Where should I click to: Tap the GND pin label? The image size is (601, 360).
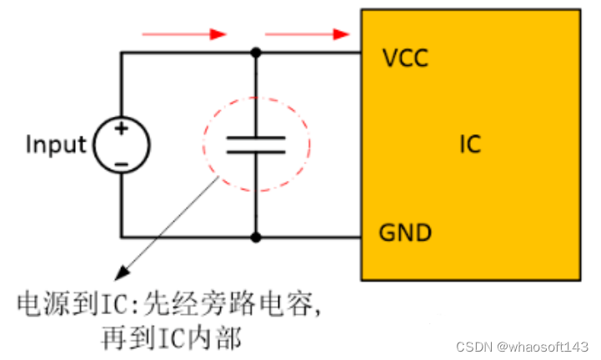click(406, 232)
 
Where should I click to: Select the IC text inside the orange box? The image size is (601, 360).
click(470, 145)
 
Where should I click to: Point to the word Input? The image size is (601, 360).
click(56, 144)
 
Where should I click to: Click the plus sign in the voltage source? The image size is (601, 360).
click(122, 128)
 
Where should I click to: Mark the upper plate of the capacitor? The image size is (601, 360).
click(256, 136)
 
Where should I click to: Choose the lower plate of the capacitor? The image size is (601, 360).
click(256, 152)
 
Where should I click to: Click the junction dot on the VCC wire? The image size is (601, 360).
click(256, 52)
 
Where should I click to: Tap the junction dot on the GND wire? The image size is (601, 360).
click(256, 237)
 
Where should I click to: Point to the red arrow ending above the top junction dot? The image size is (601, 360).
click(184, 34)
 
